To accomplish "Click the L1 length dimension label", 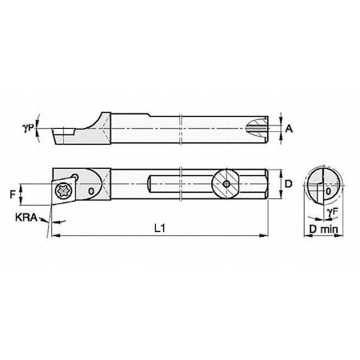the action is click(x=160, y=228).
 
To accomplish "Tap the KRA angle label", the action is click(x=26, y=218).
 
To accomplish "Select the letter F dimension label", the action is click(x=13, y=194).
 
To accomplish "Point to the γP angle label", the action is click(x=28, y=129).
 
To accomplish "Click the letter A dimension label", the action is click(x=289, y=129).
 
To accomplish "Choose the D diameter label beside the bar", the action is click(x=289, y=184).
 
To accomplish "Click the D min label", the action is click(x=323, y=229).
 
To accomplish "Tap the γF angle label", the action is click(x=333, y=212).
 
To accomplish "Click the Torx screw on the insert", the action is click(x=62, y=191).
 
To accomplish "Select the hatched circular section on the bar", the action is click(x=226, y=184).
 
